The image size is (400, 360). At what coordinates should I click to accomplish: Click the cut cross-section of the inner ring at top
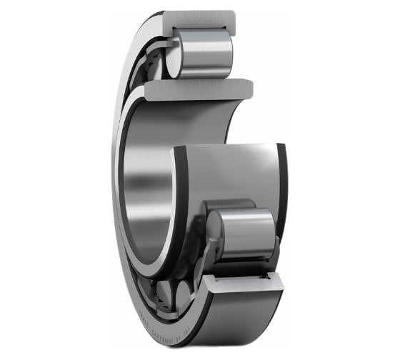(200, 89)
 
